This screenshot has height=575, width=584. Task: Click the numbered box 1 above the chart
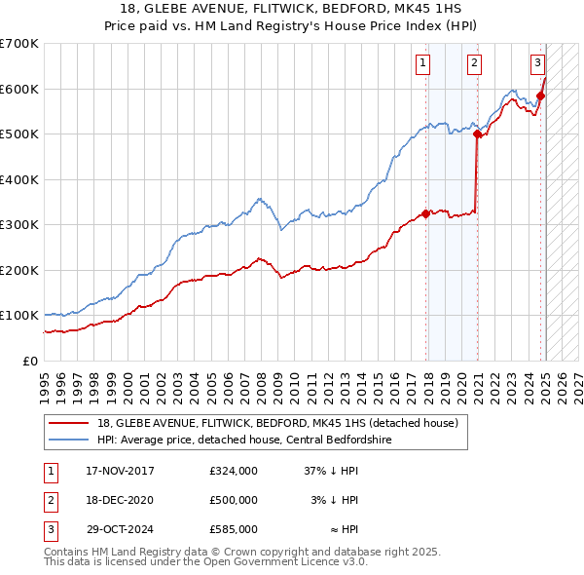[x=423, y=64]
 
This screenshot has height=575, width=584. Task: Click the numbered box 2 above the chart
[x=474, y=64]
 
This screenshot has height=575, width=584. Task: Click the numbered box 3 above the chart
[x=537, y=64]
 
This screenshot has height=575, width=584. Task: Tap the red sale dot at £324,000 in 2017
[x=426, y=214]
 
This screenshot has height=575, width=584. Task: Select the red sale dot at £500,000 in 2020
[x=478, y=135]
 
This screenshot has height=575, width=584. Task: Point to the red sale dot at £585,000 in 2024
[x=540, y=96]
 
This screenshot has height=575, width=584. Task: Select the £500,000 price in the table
[x=234, y=500]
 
